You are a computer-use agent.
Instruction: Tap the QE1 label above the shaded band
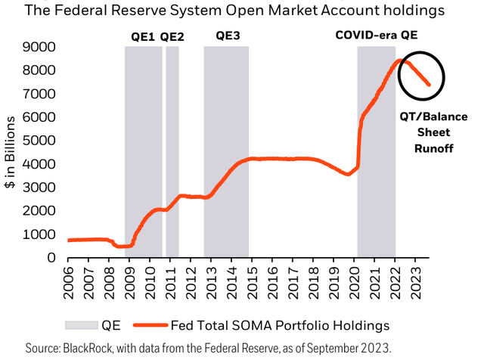point(142,35)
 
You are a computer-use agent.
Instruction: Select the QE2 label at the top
point(173,35)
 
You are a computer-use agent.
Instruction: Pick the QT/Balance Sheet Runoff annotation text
point(433,133)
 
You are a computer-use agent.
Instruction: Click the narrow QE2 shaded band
point(172,151)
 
